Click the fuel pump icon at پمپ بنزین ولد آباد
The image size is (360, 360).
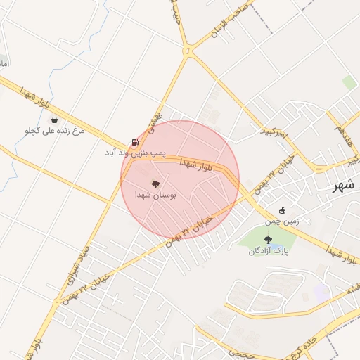tap(135, 141)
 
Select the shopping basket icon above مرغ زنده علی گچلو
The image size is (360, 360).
tap(54, 120)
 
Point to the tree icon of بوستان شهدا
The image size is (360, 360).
tap(155, 184)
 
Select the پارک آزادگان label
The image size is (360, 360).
tap(269, 250)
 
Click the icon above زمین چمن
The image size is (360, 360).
tap(283, 210)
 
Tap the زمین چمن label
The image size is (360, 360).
tap(282, 221)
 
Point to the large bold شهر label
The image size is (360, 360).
tap(344, 186)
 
